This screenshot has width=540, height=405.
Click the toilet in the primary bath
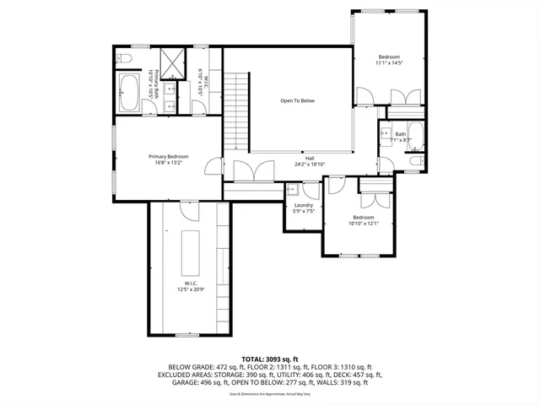point(124,59)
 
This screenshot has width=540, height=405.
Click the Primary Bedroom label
point(168,157)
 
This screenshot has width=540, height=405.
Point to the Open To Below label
point(297,101)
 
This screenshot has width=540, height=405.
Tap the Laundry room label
point(304,205)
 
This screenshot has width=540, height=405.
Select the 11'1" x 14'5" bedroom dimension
point(389,62)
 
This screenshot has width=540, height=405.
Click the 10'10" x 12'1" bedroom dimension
point(364,224)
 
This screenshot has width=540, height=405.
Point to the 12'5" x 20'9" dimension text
point(190,289)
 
